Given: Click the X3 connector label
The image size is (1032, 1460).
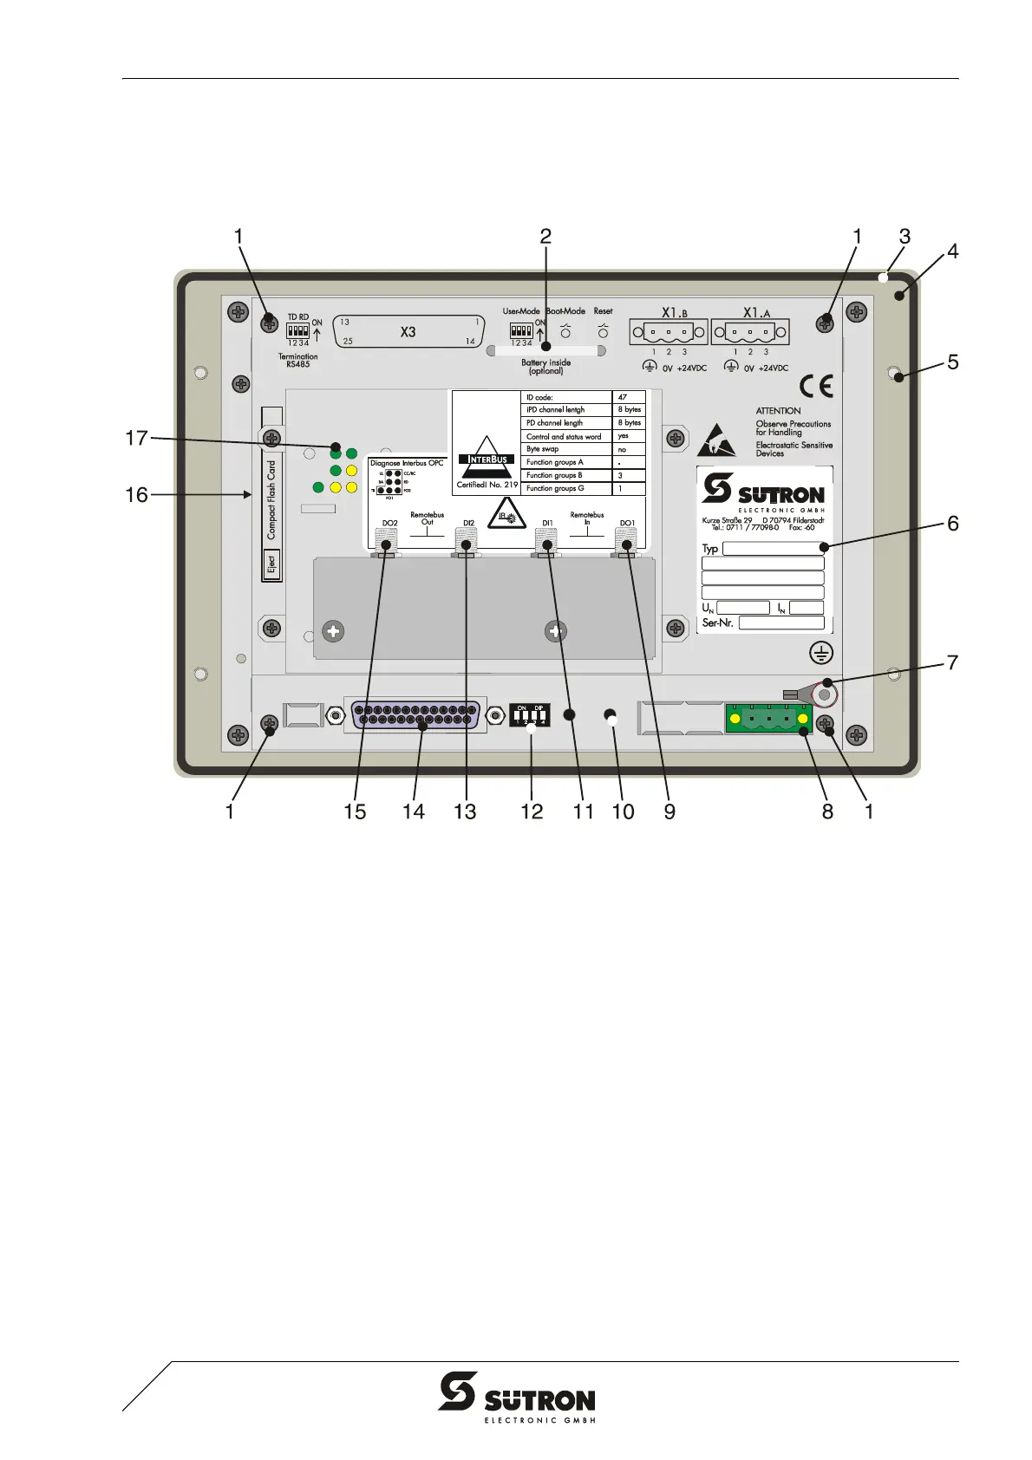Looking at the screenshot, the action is [408, 332].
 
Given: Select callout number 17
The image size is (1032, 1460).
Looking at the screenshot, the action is [136, 439].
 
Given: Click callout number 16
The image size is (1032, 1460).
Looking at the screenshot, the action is [136, 496].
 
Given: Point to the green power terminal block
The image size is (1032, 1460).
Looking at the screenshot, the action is [768, 720].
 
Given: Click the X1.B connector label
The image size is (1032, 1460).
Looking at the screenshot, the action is [675, 313].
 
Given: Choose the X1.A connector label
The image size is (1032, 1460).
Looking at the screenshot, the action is [756, 313].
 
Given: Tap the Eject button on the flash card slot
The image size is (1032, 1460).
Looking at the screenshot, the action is [271, 564].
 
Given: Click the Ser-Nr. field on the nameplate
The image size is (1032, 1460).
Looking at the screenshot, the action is [781, 622].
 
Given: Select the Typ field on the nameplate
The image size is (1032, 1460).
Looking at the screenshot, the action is [773, 549].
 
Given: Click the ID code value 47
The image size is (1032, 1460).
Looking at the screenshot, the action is [623, 397].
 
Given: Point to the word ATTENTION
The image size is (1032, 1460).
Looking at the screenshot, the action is [778, 411].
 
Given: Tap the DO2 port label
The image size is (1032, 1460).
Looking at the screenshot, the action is [389, 523].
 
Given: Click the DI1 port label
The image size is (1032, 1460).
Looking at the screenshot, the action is [547, 523].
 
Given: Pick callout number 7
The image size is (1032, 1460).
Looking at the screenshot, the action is [952, 662].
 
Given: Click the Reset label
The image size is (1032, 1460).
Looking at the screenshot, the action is [603, 311].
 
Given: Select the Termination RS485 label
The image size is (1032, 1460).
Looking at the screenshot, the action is [297, 361].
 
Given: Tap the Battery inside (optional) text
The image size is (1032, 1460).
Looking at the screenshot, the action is [545, 367].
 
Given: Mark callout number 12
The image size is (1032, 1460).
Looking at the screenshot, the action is [532, 811].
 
